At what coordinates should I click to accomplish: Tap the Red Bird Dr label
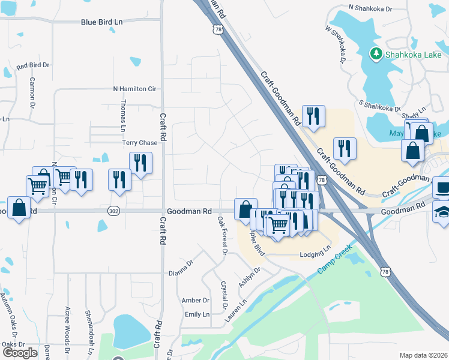coord(33,65)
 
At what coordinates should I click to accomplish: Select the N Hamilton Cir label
coord(134,89)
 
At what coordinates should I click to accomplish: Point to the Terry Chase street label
coord(140,143)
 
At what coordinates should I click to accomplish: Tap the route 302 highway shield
coord(113,211)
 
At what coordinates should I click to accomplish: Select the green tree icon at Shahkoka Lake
coord(376,54)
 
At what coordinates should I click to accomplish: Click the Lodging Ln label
coord(316,256)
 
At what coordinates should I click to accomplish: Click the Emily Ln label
coord(197,314)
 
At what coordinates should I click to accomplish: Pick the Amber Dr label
coord(195,300)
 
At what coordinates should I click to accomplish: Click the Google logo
coord(20,353)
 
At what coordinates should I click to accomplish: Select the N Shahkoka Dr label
coord(370,9)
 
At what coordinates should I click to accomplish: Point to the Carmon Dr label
coord(32,90)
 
